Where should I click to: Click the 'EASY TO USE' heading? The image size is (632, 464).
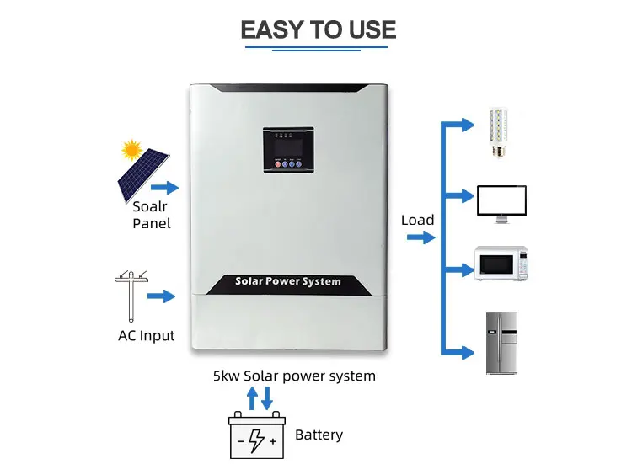[318, 29]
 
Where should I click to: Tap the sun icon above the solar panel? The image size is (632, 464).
[131, 150]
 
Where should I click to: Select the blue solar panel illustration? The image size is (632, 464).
[142, 174]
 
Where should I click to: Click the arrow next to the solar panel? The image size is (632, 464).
[164, 187]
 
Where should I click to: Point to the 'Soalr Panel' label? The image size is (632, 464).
[152, 215]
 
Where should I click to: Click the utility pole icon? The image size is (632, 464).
[131, 296]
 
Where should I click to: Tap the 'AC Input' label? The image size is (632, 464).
[147, 335]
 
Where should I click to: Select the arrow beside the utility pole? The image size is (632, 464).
[161, 296]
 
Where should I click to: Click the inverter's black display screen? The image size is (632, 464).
[288, 150]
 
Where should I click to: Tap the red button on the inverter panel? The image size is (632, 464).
[278, 164]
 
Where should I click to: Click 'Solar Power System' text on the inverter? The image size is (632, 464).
[288, 281]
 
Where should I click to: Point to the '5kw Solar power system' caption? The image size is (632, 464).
[294, 376]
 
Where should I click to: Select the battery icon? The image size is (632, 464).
[257, 435]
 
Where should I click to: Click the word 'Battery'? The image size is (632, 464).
[319, 435]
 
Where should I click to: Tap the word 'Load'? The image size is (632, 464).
[418, 220]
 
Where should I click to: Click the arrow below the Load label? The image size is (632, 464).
[421, 237]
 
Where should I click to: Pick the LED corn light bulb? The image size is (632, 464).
[499, 132]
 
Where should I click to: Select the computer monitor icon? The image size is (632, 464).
[501, 204]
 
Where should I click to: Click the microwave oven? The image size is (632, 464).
[501, 263]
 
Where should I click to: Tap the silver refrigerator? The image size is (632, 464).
[501, 344]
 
